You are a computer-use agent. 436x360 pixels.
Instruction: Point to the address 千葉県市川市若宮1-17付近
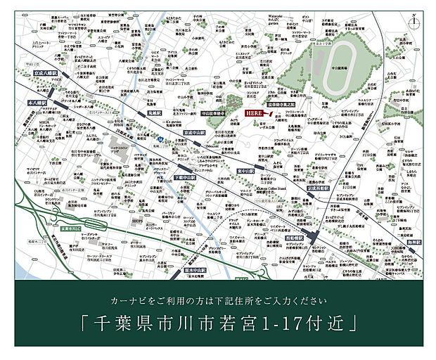[x=218, y=324]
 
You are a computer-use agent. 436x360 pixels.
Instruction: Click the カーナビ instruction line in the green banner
[x=218, y=301]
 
